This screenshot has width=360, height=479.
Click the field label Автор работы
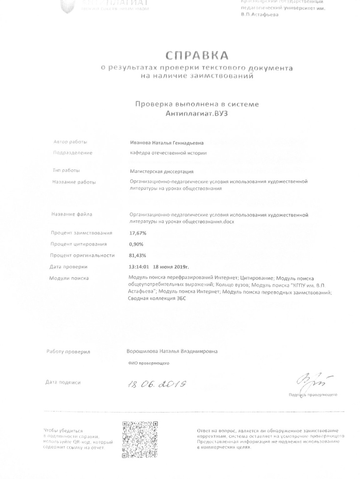(70, 142)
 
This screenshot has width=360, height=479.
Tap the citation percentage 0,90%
(136, 244)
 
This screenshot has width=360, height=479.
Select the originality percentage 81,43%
(137, 255)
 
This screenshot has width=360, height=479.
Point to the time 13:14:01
(138, 267)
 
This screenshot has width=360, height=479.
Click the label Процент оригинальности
(82, 255)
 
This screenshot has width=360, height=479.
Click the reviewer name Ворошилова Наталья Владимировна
(172, 351)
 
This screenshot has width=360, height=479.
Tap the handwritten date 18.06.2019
(157, 384)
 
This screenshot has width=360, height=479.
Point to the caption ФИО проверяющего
(149, 363)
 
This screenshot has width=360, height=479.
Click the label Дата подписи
(63, 382)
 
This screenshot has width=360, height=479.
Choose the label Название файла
(72, 215)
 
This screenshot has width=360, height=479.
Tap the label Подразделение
(73, 153)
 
